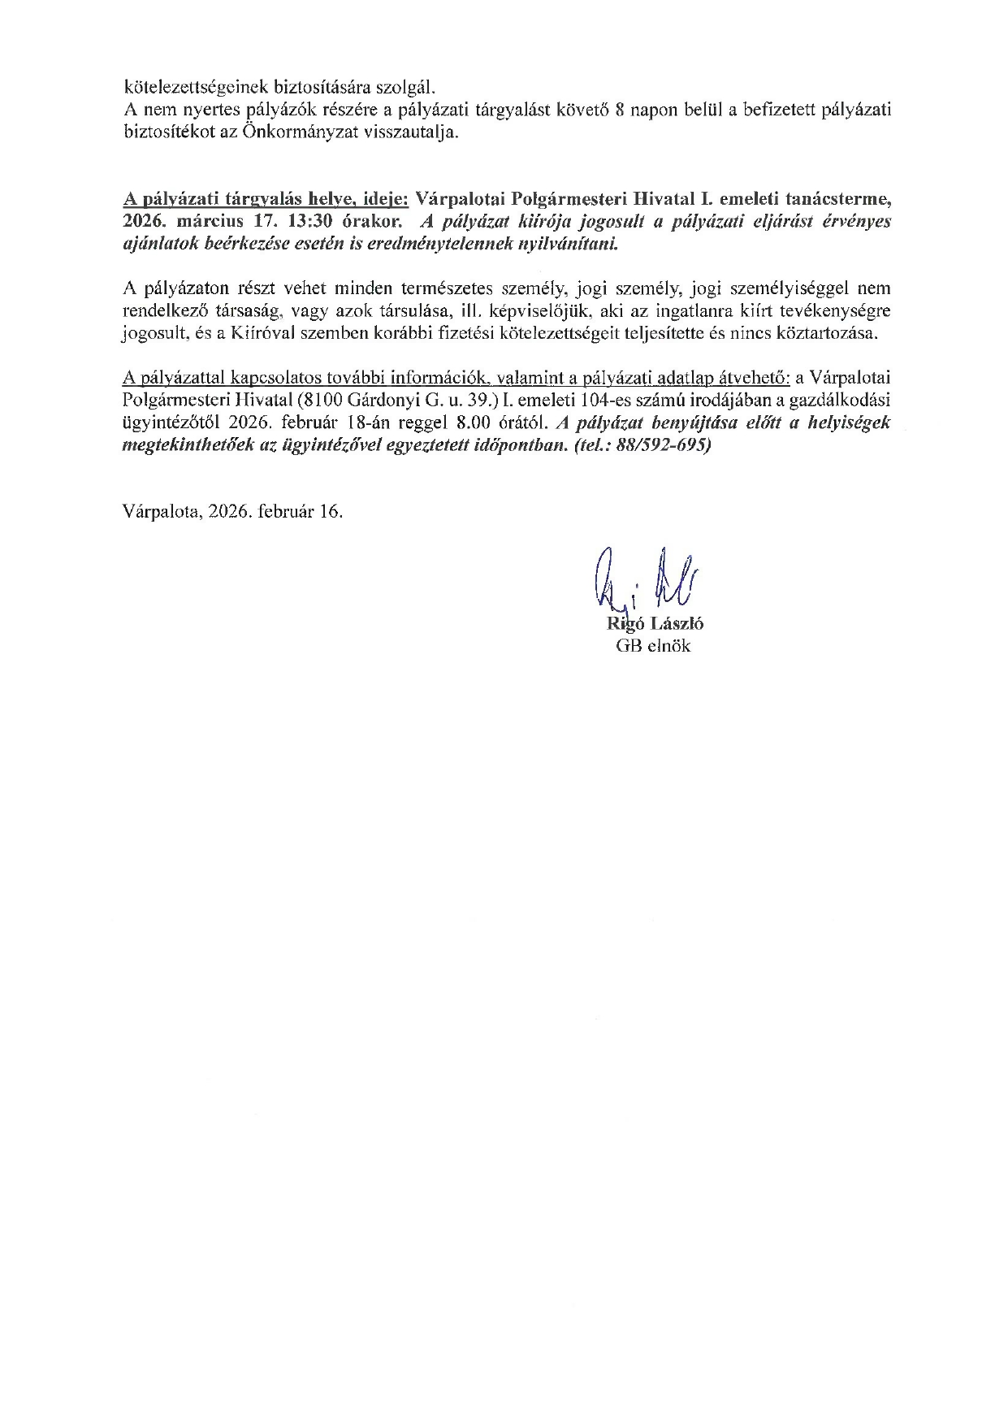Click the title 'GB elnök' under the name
point(652,646)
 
